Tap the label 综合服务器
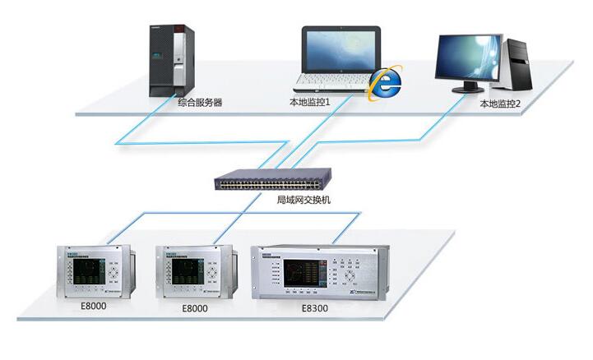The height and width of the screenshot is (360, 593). click(200, 103)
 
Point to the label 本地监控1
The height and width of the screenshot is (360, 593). click(308, 103)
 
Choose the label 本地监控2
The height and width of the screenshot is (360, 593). click(501, 105)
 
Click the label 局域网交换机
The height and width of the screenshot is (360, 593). click(299, 200)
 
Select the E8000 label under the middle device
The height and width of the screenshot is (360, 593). click(193, 309)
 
